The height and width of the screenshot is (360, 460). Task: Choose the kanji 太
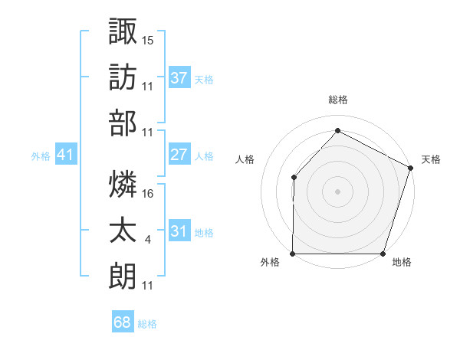(123, 231)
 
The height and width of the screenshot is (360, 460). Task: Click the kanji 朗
(123, 277)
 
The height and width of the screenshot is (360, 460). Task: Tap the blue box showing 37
(179, 77)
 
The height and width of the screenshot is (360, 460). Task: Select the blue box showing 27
(179, 155)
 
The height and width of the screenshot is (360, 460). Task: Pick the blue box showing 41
(66, 155)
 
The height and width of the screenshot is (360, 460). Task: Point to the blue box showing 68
(122, 322)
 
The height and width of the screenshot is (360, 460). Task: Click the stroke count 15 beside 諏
(149, 39)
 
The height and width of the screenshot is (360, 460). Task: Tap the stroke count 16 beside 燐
(149, 193)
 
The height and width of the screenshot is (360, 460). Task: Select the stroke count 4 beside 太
(147, 240)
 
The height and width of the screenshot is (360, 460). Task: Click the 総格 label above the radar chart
(338, 100)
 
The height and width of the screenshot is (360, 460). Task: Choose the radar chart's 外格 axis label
(270, 263)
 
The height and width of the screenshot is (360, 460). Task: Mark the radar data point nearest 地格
(383, 253)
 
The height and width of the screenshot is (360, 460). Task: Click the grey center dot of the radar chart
(338, 191)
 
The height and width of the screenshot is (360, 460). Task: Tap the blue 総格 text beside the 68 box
(147, 324)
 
